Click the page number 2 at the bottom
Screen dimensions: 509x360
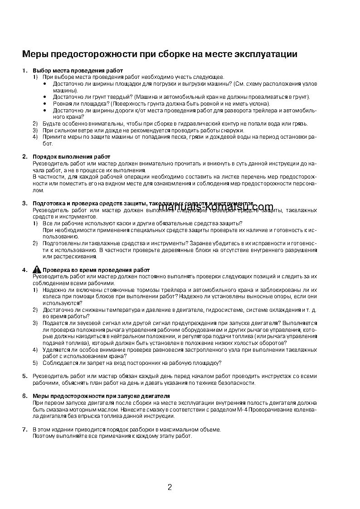tap(170, 488)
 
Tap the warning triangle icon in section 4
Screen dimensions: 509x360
tap(37, 270)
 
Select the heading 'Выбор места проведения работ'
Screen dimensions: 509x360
tap(78, 71)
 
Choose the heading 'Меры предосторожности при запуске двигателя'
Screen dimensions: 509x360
tap(101, 396)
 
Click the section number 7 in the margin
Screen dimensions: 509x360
tap(24, 429)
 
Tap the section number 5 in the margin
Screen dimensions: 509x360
tap(24, 376)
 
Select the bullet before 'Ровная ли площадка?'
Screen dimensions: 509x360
tap(45, 103)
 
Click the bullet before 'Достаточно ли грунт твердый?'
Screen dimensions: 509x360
tap(45, 97)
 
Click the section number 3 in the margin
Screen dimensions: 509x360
tap(24, 204)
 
